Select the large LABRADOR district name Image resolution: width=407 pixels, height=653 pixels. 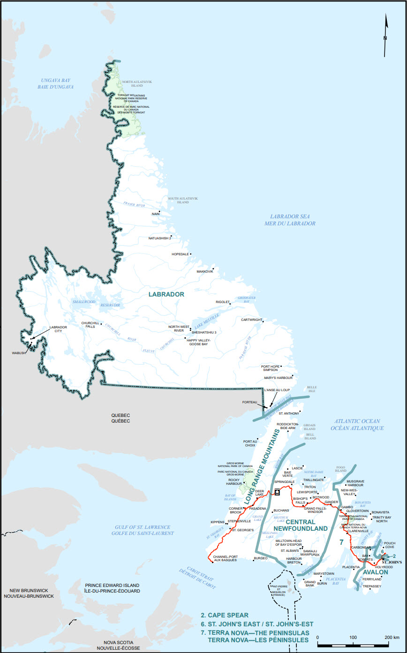coord(166,294)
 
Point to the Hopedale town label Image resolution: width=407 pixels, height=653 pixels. coord(180,254)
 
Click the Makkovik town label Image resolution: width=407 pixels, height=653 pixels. coord(205,272)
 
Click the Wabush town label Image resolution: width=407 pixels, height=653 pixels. coord(20,353)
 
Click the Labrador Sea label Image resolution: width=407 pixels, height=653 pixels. coord(293,220)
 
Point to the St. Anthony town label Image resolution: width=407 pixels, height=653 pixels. coord(288,414)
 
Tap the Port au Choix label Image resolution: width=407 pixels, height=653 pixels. coord(250,444)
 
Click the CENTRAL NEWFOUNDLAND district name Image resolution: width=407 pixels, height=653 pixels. coord(306,525)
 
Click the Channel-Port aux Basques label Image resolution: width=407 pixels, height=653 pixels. coord(225,558)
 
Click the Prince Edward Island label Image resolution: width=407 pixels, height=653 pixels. coord(112,588)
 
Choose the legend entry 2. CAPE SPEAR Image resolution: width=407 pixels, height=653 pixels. coord(224,615)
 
